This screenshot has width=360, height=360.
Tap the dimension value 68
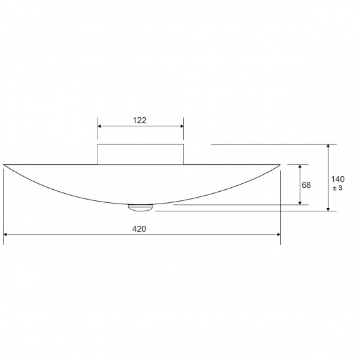306,185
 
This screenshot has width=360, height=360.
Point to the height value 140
338,179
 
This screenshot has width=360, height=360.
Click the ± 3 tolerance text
338,189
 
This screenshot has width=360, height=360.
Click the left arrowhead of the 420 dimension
7,234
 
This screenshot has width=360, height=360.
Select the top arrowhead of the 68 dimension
300,166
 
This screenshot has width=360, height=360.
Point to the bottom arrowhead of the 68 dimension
300,203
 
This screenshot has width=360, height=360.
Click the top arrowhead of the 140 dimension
329,147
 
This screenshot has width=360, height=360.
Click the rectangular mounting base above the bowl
141,153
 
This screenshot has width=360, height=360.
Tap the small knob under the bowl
140,207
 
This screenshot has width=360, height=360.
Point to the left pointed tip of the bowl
5,164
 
